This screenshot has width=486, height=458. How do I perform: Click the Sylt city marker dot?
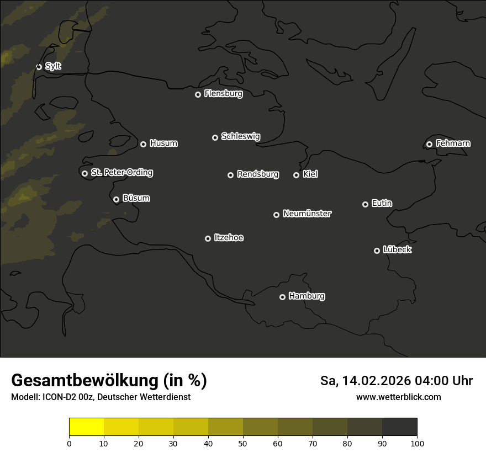coord(39,67)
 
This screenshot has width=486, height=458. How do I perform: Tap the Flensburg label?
coord(223,94)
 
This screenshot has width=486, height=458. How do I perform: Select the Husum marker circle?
coord(143,144)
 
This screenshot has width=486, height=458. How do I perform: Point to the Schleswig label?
coord(240,136)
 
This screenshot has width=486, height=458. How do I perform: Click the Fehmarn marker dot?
coord(429,144)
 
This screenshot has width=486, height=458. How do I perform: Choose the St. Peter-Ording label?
coord(121,173)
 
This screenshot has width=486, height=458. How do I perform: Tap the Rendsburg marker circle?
coord(230,175)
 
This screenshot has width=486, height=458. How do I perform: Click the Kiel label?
coord(310,174)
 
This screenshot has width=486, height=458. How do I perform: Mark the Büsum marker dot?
coord(116,199)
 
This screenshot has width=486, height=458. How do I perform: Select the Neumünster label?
coord(307,214)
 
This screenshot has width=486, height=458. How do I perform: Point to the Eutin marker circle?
coord(365,204)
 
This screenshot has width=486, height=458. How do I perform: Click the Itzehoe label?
coord(229,238)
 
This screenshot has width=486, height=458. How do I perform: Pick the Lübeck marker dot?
coord(377,251)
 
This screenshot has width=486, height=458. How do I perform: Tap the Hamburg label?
coord(307,296)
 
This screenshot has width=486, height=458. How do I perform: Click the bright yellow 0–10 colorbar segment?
coord(86,427)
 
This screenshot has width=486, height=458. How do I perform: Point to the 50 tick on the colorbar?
coord(243,436)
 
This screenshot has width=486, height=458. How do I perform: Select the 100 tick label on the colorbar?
coord(417,443)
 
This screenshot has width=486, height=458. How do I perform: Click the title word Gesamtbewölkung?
coord(85,381)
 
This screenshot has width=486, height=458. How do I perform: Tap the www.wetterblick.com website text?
coord(398,397)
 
